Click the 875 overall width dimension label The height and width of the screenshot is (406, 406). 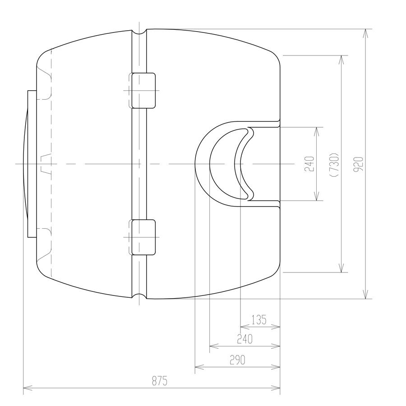160,381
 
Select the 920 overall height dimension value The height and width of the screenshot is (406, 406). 359,164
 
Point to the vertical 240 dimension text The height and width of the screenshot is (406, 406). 309,164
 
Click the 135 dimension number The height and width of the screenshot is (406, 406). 258,320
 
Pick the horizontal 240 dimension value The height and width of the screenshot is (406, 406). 245,339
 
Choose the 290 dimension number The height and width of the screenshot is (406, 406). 237,360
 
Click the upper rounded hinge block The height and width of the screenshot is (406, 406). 144,90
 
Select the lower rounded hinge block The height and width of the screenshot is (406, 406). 144,237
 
